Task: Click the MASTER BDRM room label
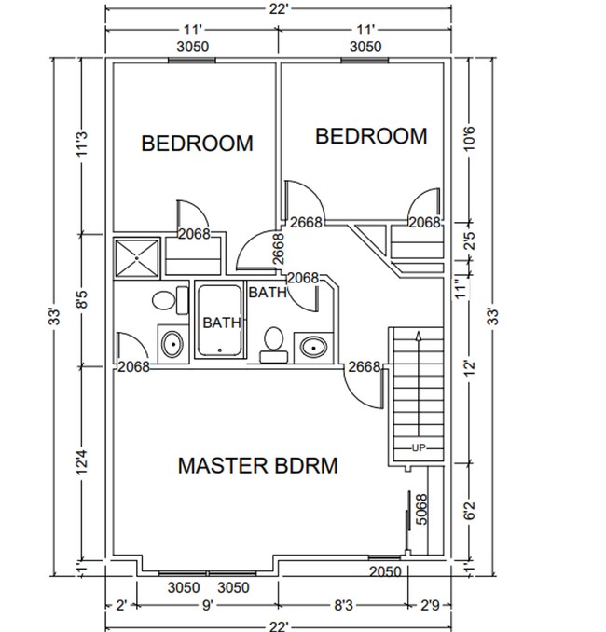[257, 465]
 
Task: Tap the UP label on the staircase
[419, 448]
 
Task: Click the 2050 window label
[385, 571]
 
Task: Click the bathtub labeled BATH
[219, 322]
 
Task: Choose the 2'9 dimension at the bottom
[429, 606]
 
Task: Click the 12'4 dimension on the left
[82, 462]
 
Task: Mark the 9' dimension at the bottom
[207, 606]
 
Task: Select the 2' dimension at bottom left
[121, 606]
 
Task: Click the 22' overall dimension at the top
[281, 8]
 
